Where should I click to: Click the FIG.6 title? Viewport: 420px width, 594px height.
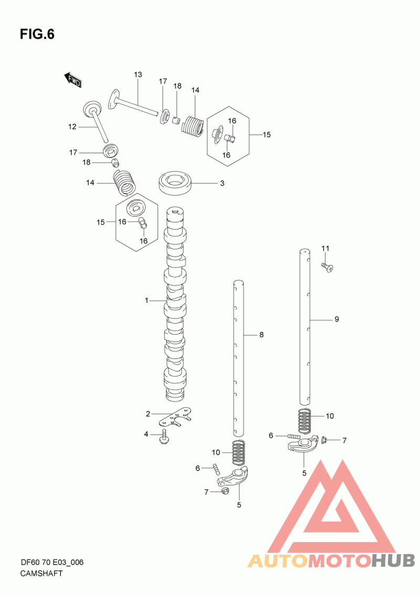[37, 35]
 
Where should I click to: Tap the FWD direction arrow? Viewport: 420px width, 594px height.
[72, 79]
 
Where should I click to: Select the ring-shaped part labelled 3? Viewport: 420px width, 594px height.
[175, 183]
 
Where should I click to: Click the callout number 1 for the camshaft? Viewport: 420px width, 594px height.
[146, 300]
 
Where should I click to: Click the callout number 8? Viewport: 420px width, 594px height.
[261, 334]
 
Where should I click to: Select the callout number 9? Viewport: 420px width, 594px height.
[337, 320]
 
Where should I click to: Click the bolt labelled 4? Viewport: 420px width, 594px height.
[165, 438]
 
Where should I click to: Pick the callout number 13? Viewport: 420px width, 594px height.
[138, 75]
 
